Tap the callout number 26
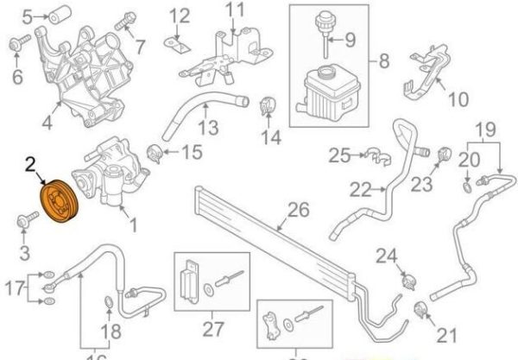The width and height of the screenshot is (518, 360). [298, 210]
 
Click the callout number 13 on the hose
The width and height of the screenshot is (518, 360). [207, 129]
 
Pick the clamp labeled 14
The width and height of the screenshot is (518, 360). [266, 109]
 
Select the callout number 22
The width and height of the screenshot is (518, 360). [357, 188]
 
